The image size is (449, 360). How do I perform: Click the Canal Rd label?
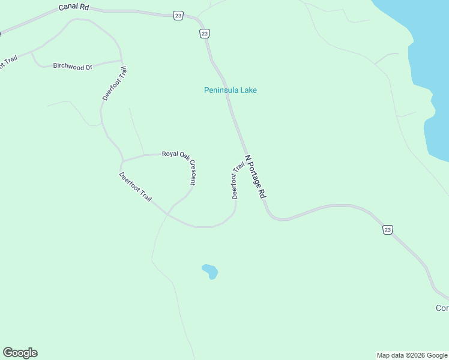click(74, 7)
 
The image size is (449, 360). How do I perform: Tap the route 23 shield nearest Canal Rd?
click(178, 16)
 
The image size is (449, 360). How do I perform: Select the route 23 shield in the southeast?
click(388, 229)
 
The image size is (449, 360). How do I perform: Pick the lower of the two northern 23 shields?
click(205, 34)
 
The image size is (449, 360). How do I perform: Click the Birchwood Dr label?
click(72, 66)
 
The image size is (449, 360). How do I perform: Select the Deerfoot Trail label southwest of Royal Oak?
click(135, 187)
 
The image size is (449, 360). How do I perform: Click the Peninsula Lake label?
click(231, 90)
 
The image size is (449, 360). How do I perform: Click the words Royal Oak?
click(175, 154)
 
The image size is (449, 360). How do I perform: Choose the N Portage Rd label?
click(255, 177)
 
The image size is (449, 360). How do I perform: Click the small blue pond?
click(210, 271)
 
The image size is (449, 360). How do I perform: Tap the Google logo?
click(20, 353)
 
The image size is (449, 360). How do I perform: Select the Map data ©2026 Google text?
click(412, 355)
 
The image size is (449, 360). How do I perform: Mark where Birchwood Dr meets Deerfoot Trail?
click(122, 61)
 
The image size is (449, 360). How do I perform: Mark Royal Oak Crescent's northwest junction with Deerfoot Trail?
click(122, 161)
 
